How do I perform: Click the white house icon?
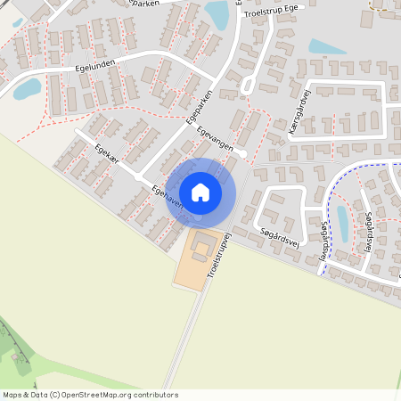point(200,192)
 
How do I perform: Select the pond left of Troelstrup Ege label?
point(217,14)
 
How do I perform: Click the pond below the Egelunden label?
point(27,88)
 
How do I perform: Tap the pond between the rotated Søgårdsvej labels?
point(343,224)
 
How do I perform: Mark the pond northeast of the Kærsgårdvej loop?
point(327,46)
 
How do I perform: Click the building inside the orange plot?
point(204,242)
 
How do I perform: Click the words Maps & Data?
point(25,395)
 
